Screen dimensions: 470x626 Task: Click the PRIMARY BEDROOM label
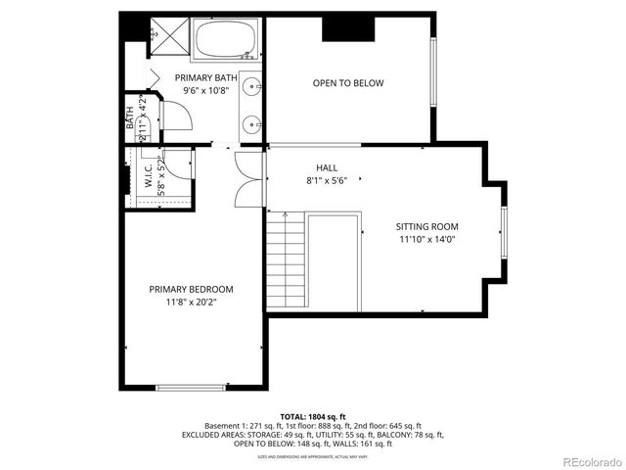[191, 289]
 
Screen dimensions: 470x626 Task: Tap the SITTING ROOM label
[426, 226]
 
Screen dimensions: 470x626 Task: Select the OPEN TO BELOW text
[347, 83]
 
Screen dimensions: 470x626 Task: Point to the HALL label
[326, 167]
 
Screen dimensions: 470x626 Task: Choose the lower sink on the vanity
[252, 123]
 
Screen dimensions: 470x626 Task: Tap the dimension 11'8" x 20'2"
[191, 303]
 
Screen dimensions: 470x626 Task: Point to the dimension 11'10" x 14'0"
[426, 239]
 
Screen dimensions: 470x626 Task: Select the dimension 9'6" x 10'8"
[204, 90]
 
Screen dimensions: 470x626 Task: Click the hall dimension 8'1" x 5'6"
[326, 180]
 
